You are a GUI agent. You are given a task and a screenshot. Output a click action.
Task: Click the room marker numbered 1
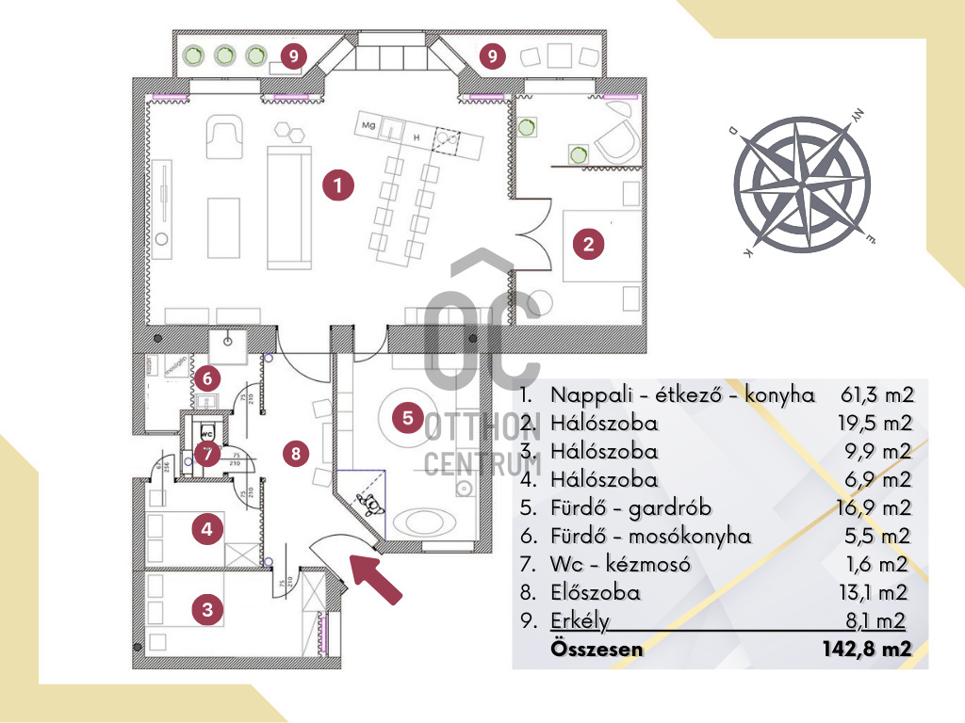(337, 185)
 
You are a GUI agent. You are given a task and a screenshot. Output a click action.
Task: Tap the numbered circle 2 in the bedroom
(588, 245)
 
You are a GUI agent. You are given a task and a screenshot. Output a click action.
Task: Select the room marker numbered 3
(207, 609)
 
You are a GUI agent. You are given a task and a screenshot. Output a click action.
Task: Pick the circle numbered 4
(207, 530)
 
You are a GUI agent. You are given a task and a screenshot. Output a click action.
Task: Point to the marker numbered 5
(407, 416)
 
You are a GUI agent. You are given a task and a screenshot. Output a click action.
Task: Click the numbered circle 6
(208, 378)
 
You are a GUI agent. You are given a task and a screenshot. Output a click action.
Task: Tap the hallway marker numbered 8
(296, 453)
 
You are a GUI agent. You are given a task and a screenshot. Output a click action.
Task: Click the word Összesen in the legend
(597, 649)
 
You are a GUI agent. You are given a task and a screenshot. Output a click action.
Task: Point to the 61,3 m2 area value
(876, 394)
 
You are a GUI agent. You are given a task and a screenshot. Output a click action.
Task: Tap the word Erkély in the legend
(581, 621)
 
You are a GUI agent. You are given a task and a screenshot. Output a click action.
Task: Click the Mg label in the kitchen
(368, 124)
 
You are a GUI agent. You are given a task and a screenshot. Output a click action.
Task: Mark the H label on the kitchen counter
(415, 137)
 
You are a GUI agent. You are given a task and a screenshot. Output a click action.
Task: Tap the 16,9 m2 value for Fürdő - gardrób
(876, 508)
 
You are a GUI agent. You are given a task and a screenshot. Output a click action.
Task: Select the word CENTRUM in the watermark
(482, 463)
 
